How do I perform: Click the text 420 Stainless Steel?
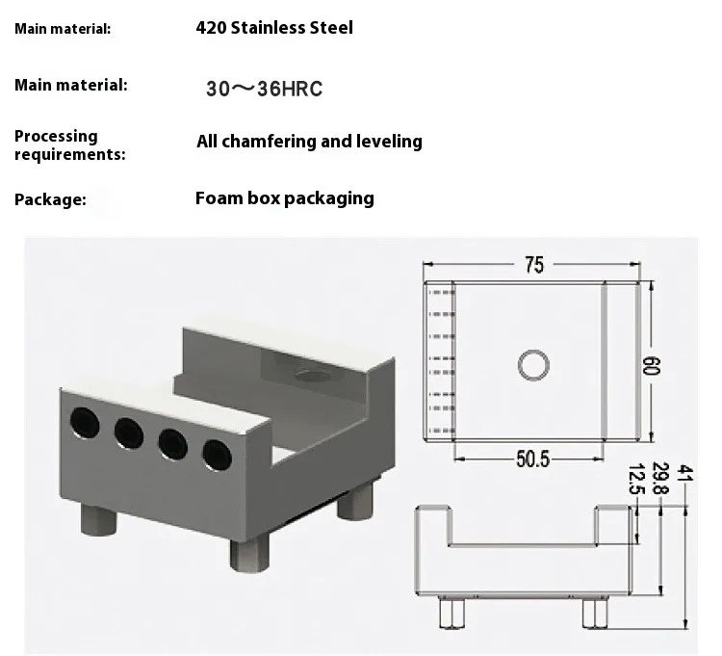click(274, 28)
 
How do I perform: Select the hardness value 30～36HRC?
click(264, 90)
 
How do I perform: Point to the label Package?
click(50, 200)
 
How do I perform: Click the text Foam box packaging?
click(284, 198)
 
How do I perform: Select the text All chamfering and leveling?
click(309, 142)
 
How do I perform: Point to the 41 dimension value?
click(684, 474)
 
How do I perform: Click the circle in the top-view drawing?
click(533, 365)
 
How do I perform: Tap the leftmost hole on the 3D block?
click(85, 421)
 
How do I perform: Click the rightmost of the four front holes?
click(214, 452)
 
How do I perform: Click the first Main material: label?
click(63, 29)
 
